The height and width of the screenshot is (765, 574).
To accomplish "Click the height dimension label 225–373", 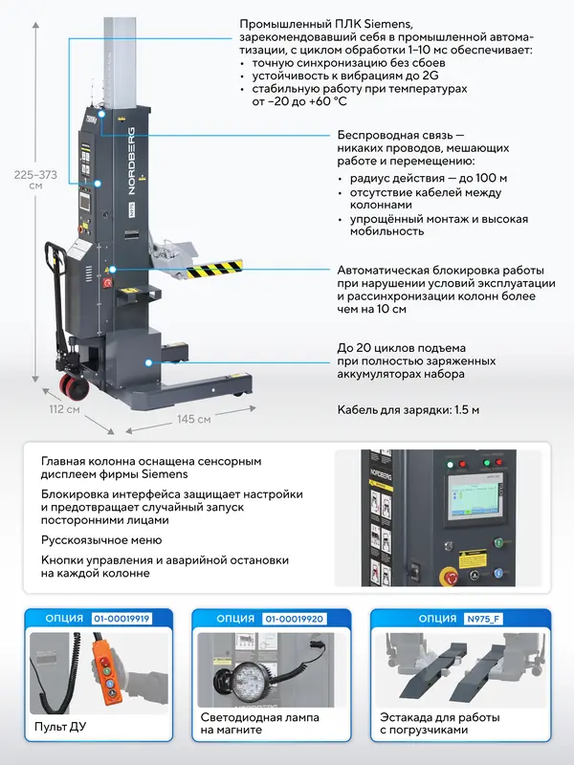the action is click(x=35, y=175).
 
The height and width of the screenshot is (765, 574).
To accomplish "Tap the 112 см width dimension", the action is click(x=64, y=409).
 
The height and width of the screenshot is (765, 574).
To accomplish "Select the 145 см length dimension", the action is click(x=194, y=419).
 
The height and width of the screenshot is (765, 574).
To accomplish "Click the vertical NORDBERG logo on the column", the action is click(x=132, y=162).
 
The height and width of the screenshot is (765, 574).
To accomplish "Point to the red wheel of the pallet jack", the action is click(x=76, y=385).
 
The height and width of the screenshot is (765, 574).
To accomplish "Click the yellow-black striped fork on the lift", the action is click(x=214, y=269).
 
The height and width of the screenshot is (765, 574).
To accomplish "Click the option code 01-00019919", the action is click(x=121, y=619).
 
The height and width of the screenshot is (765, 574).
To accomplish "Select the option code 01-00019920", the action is click(x=294, y=619).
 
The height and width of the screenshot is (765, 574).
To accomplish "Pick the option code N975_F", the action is click(x=483, y=619).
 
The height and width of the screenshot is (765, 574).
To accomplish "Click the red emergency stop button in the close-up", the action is click(x=449, y=577).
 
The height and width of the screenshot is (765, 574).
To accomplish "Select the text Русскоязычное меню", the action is click(x=101, y=540).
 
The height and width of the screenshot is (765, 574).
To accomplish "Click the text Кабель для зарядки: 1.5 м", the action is click(x=408, y=409).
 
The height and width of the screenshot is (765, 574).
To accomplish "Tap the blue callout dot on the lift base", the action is click(x=149, y=362).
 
